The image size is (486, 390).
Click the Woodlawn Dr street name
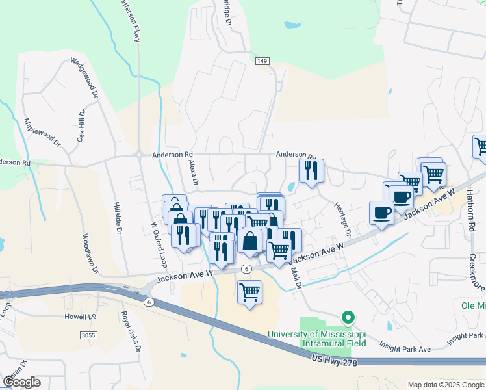[90, 253]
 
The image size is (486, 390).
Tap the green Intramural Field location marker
[348, 318]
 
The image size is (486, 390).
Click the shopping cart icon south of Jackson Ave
[249, 292]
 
